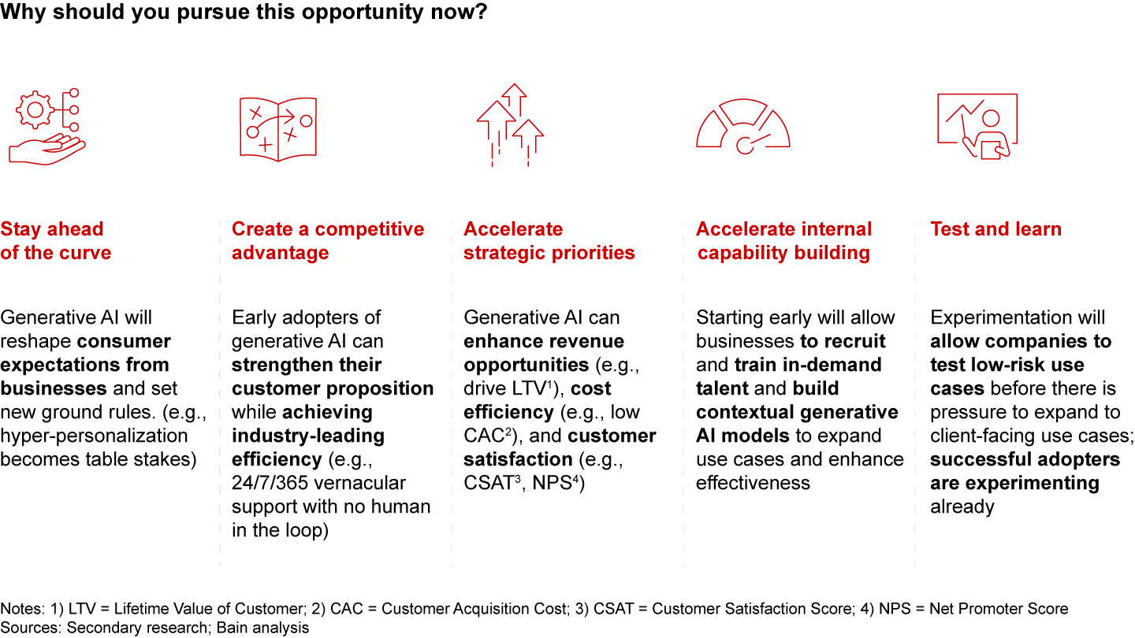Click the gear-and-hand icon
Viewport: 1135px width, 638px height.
click(45, 126)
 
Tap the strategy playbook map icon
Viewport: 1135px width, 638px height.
click(277, 126)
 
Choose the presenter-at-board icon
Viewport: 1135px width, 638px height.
click(977, 126)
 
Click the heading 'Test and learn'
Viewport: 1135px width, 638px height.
click(995, 229)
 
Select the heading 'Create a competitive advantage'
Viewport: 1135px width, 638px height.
click(327, 241)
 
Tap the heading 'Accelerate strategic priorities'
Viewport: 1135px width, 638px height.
click(549, 241)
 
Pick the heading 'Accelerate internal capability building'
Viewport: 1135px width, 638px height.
click(783, 241)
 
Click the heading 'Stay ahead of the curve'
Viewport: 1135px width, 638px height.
click(55, 241)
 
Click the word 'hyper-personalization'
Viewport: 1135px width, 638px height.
click(94, 436)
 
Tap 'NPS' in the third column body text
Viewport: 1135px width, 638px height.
click(556, 483)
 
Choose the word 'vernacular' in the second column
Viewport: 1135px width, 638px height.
click(360, 483)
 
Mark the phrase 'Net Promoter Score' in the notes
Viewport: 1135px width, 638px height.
click(999, 609)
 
